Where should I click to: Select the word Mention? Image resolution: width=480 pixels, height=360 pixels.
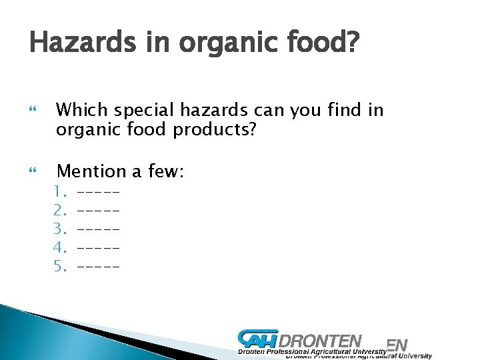click(92, 171)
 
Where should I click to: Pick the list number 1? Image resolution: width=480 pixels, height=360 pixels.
click(61, 193)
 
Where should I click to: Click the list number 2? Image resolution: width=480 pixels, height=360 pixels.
click(61, 211)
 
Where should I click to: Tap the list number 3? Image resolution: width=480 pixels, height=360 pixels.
click(61, 229)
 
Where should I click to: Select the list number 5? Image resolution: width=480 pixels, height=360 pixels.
click(61, 267)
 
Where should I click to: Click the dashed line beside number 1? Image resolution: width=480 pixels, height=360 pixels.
click(99, 193)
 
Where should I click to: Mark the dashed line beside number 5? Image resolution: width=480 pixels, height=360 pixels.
click(99, 267)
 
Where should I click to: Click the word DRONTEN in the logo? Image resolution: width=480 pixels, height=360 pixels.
click(323, 341)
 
